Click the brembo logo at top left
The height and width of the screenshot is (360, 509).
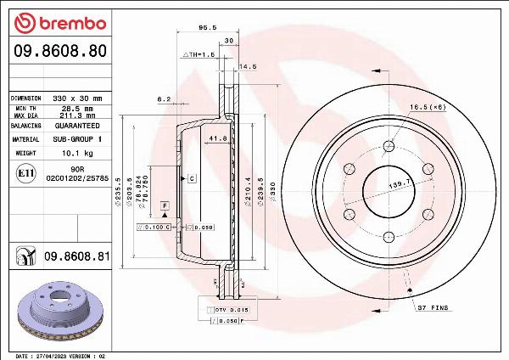59,21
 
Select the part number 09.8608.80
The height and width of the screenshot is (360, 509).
59,51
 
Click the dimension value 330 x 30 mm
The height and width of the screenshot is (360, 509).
78,98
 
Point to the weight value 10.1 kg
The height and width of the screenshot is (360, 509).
78,153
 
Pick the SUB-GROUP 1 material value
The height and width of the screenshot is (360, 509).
78,138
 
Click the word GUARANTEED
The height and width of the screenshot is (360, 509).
77,125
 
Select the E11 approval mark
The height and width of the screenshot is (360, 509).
25,174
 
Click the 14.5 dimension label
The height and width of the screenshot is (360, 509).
248,66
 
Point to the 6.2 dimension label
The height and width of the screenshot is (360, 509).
164,99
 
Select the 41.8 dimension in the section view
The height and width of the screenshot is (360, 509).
217,138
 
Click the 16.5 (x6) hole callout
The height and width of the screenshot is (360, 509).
428,107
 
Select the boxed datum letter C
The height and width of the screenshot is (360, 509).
193,178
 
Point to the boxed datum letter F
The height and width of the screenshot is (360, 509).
164,205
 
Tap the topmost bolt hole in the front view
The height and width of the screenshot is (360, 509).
386,139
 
